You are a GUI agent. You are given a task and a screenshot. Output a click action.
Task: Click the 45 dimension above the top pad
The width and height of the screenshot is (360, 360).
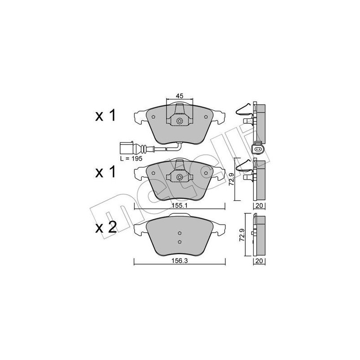tap(180, 96)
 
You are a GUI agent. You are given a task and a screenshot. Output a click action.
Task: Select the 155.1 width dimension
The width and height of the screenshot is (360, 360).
tap(179, 205)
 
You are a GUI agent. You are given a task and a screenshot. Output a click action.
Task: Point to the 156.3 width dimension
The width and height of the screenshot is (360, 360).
tap(179, 260)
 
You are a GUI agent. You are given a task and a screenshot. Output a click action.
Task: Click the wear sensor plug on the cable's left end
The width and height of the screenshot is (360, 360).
tap(126, 148)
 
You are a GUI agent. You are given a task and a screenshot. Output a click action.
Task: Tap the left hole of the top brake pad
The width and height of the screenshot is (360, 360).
tap(154, 117)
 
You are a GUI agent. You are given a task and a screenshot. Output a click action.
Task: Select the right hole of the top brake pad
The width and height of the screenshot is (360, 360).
tap(206, 117)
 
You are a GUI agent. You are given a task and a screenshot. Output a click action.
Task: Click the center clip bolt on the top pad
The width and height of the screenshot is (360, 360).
tap(180, 121)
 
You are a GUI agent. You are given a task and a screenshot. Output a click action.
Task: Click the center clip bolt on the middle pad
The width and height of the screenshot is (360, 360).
tap(180, 177)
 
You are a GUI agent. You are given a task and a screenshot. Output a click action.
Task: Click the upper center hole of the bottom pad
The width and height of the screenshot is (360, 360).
tap(179, 233)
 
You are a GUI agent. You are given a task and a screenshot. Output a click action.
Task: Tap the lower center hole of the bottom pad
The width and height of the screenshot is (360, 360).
tap(179, 242)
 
